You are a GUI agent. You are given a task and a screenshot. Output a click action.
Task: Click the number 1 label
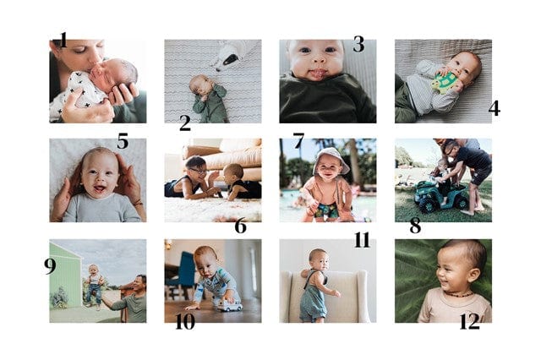(x=63, y=40)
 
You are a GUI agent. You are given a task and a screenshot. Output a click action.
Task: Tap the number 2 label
(x=185, y=123)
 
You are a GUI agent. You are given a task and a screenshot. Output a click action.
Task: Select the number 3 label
(x=358, y=44)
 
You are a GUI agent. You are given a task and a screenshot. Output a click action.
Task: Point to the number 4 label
(x=494, y=108)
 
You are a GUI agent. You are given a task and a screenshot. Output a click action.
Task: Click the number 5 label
(x=123, y=140)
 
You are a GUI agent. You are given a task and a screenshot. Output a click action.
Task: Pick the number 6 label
(x=240, y=226)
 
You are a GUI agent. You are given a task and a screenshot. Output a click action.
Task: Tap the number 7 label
(x=298, y=140)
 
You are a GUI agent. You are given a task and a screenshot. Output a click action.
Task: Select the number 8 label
(x=415, y=226)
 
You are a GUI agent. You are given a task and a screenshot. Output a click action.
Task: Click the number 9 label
(x=50, y=266)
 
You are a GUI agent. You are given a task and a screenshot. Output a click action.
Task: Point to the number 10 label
(x=185, y=322)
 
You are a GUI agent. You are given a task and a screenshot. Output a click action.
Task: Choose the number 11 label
(x=362, y=240)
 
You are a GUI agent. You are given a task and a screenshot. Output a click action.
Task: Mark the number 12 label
(x=470, y=322)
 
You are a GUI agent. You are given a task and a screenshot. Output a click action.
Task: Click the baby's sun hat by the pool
(x=331, y=160)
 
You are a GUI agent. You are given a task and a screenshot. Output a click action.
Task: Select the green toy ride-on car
(x=437, y=196)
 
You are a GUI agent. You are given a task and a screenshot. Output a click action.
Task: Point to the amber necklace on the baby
(x=457, y=294)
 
